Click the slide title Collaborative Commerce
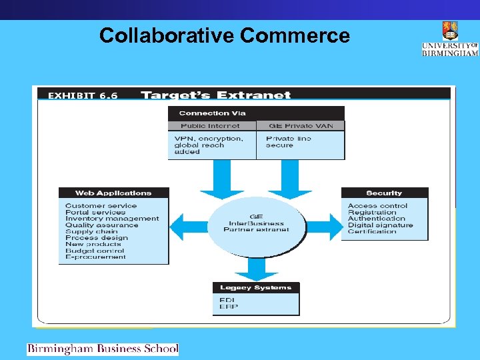(x=224, y=35)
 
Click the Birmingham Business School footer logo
(x=103, y=349)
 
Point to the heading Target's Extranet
(x=216, y=95)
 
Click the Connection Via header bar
(x=256, y=113)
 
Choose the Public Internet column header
(x=210, y=125)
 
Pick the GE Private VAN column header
(x=301, y=125)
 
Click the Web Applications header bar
(x=113, y=193)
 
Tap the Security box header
(x=385, y=193)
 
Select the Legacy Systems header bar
(x=255, y=288)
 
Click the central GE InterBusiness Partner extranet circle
(x=257, y=223)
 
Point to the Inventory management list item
(x=112, y=219)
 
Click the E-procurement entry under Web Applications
(x=95, y=257)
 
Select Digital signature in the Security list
(x=380, y=225)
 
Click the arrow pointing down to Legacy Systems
(x=256, y=268)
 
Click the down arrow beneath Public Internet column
(x=223, y=179)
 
